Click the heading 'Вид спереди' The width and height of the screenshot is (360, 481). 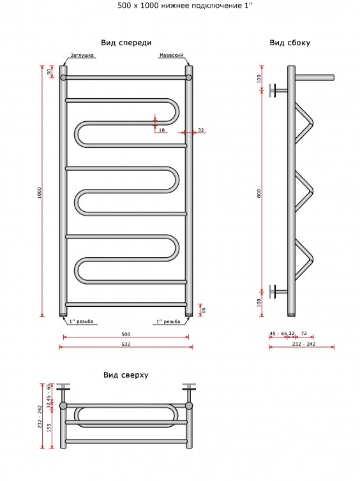click(x=126, y=43)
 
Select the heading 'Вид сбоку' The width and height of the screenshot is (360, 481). click(x=290, y=43)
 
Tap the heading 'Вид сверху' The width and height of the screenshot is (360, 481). click(x=126, y=375)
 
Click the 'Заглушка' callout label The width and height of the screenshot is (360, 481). click(x=82, y=56)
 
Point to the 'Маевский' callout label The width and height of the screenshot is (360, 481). click(x=171, y=56)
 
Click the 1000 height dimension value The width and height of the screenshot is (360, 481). click(x=39, y=193)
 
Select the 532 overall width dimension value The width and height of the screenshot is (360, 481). click(x=126, y=344)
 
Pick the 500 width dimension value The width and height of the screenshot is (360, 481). click(x=126, y=334)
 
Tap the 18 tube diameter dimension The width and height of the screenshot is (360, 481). click(x=161, y=130)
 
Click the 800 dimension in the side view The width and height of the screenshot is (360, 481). click(x=259, y=193)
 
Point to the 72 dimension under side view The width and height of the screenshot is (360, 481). click(x=304, y=334)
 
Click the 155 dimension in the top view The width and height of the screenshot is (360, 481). click(x=49, y=427)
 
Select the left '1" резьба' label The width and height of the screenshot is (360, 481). click(x=81, y=321)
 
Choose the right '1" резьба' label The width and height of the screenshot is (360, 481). click(x=168, y=321)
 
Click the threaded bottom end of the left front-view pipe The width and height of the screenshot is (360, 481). click(x=63, y=314)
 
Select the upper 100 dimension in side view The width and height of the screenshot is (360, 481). click(x=259, y=78)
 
